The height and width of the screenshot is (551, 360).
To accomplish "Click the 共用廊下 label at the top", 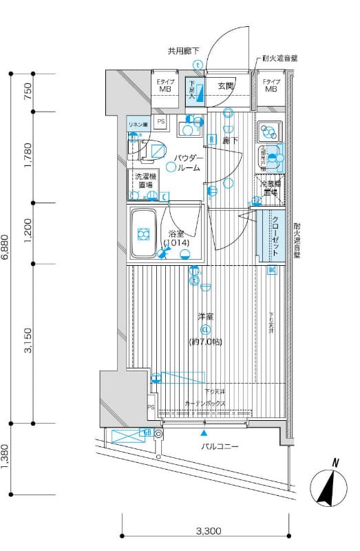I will pyautogui.click(x=184, y=51).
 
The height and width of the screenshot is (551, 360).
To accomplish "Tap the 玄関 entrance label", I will pyautogui.click(x=226, y=86).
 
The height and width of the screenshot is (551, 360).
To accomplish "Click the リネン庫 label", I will pyautogui.click(x=138, y=125).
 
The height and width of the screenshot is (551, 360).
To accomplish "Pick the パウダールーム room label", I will pyautogui.click(x=186, y=163).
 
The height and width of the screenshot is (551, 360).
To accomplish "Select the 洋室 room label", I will pyautogui.click(x=205, y=316).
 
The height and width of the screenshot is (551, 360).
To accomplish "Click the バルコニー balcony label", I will pyautogui.click(x=220, y=447).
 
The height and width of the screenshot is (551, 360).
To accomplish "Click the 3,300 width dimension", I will pyautogui.click(x=208, y=531).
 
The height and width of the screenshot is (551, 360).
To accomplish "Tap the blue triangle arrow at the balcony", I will pyautogui.click(x=204, y=433).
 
